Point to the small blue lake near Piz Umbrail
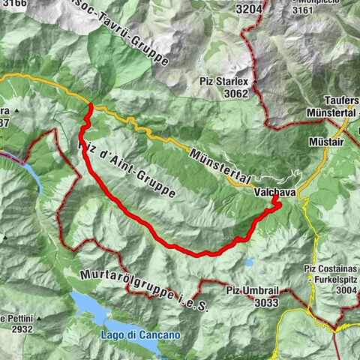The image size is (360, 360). (x=248, y=263)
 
